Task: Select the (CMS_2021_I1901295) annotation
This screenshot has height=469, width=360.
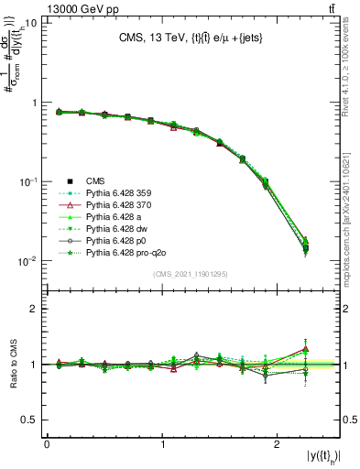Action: point(192,274)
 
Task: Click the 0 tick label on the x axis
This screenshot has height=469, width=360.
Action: point(47,444)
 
